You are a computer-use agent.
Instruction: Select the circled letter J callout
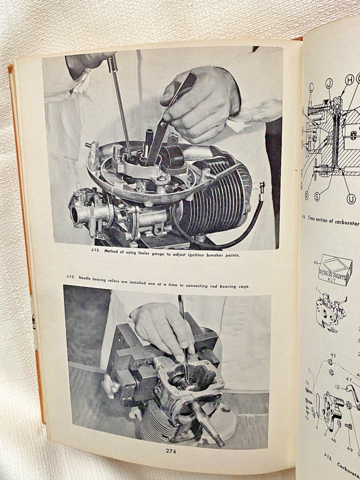(x=328, y=83)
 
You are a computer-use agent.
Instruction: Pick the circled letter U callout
(x=351, y=199)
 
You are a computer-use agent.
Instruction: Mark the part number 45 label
(x=332, y=356)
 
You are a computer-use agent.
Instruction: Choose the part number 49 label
(x=349, y=449)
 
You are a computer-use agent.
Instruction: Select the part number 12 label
(x=337, y=387)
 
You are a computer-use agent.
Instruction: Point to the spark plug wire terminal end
(x=261, y=189)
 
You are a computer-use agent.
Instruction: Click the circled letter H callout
(x=349, y=79)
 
